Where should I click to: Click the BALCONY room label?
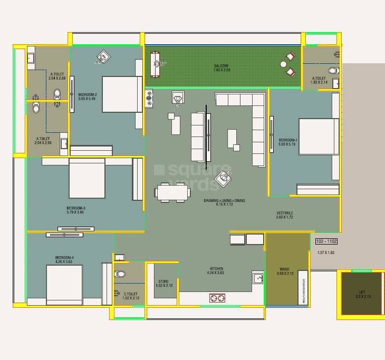click(221, 66)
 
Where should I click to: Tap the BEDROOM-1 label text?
click(288, 140)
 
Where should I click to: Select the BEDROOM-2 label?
click(87, 94)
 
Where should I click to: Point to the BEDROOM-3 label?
click(76, 208)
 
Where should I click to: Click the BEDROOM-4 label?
click(64, 258)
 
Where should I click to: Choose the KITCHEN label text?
click(216, 269)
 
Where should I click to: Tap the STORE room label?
click(163, 282)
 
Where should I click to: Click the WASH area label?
click(284, 269)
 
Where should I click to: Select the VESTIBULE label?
click(285, 213)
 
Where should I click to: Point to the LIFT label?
click(362, 292)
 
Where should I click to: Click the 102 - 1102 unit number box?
click(326, 241)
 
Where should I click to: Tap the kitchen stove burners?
click(217, 298)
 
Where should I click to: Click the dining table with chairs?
click(172, 192)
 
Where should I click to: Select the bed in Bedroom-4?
click(64, 285)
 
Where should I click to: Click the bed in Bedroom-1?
click(318, 137)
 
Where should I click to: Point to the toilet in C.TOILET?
click(120, 274)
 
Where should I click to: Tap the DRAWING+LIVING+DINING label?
click(224, 201)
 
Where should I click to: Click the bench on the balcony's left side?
click(155, 65)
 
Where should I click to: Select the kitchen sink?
click(257, 278)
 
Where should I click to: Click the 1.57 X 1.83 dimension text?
click(326, 253)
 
